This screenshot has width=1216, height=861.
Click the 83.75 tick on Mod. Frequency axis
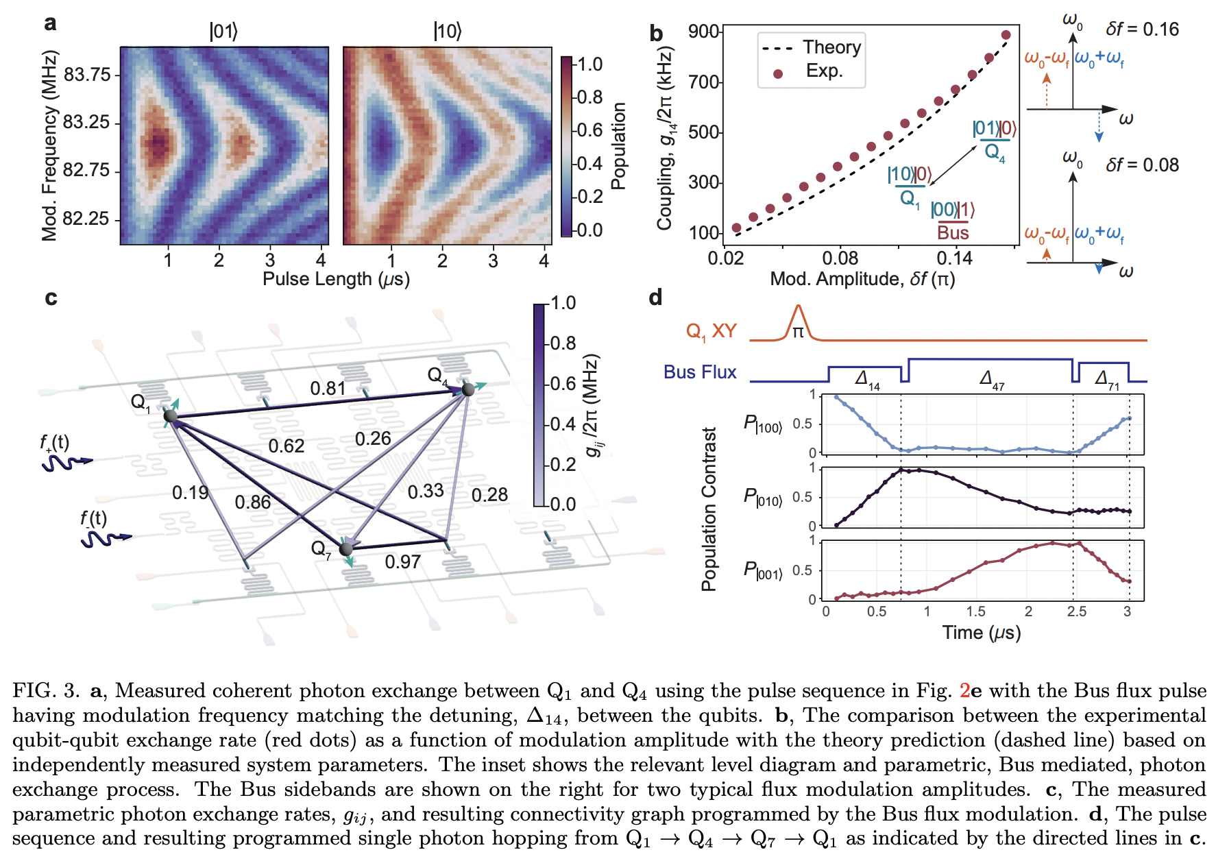point(86,74)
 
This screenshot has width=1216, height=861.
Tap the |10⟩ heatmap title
point(448,32)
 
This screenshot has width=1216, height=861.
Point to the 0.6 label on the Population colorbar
point(589,130)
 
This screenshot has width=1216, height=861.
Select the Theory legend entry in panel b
point(831,47)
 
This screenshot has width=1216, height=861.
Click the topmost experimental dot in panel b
point(1006,35)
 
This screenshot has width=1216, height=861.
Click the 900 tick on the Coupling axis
point(704,32)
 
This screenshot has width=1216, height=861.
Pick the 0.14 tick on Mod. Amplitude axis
point(954,258)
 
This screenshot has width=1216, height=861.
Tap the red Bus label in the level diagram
point(953,233)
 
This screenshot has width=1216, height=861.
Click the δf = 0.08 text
point(1142,165)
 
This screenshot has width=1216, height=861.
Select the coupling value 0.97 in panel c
point(402,562)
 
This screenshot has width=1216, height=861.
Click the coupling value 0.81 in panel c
point(328,389)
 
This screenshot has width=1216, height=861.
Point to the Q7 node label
point(320,548)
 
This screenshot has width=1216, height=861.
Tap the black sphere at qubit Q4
point(468,389)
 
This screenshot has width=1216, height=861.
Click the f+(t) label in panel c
point(54,443)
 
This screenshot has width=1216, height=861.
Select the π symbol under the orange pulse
point(798,332)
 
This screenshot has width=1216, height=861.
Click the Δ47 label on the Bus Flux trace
point(992,379)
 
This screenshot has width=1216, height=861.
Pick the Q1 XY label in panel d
point(711,332)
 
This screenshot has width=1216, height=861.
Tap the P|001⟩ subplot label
point(762,570)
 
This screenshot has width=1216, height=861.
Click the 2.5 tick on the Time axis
point(1076,611)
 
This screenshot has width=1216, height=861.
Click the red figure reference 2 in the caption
point(964,691)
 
